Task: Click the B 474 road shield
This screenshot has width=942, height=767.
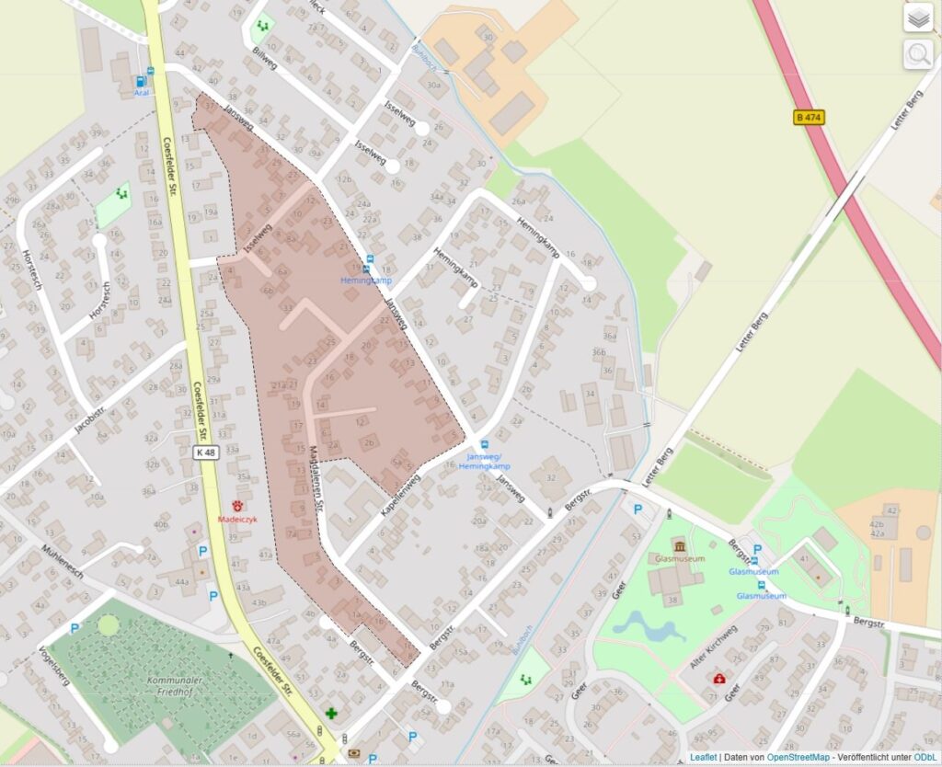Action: [810, 117]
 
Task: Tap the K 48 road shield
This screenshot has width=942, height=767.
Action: [207, 452]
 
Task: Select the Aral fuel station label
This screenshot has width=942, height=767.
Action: [142, 92]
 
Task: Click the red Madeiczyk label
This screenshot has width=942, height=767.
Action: [237, 518]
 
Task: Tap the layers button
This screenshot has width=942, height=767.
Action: [917, 17]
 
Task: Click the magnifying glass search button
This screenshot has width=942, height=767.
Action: [917, 54]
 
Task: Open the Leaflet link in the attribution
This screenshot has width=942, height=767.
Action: [704, 757]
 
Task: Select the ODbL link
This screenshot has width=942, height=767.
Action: [925, 757]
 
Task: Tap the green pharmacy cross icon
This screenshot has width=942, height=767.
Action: [331, 714]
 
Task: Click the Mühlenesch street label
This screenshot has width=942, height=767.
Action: [63, 560]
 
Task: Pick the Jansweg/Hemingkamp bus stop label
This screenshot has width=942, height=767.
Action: [488, 462]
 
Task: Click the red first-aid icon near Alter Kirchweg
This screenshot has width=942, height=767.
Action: [719, 678]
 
